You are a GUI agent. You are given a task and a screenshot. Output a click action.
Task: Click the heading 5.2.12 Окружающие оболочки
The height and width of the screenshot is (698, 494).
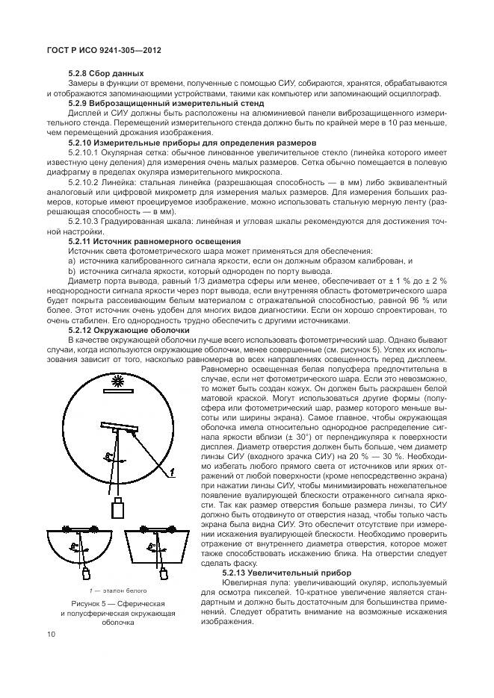click(128, 329)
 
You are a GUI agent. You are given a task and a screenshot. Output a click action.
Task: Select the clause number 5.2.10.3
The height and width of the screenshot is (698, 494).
click(86, 221)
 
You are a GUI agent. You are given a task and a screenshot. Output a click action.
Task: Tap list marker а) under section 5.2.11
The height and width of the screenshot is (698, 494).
click(72, 261)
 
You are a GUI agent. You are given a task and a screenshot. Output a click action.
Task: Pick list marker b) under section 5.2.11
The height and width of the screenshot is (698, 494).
click(72, 271)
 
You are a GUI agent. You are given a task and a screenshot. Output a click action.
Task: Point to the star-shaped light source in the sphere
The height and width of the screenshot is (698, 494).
click(115, 382)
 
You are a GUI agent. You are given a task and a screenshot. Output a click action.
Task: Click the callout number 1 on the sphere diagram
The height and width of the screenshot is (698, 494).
click(171, 472)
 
